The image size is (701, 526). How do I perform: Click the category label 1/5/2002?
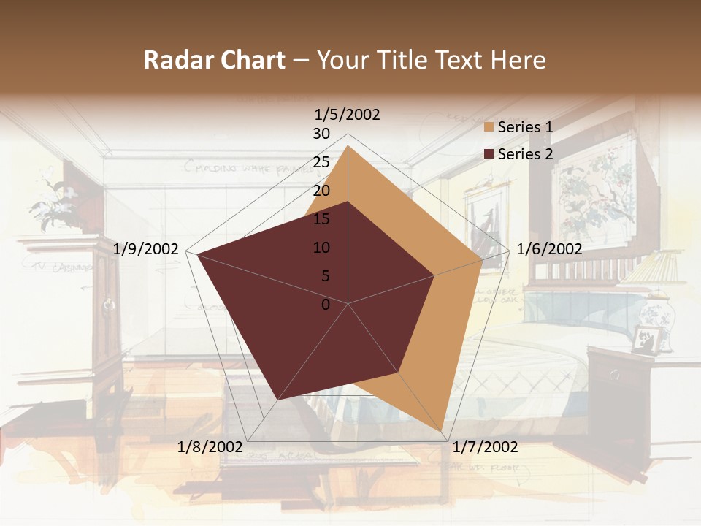point(348,115)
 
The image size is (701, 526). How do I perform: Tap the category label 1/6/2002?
point(549,249)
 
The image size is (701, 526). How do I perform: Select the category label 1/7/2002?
point(485,447)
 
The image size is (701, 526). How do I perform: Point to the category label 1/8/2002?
point(210,447)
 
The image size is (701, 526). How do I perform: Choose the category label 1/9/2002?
point(146,249)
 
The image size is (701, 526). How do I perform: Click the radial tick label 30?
point(321,134)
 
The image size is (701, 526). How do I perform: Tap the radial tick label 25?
point(321,162)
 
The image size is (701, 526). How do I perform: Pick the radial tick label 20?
point(321,191)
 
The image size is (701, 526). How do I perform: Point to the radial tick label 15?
point(321,219)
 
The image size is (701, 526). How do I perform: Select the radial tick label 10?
point(321,248)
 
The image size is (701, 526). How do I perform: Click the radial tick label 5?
point(325,276)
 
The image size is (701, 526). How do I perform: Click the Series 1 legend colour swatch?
point(489,128)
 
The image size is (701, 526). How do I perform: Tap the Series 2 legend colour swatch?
point(489,154)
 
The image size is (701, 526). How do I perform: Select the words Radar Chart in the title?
point(214,61)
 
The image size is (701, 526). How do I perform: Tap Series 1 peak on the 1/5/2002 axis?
point(348,145)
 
